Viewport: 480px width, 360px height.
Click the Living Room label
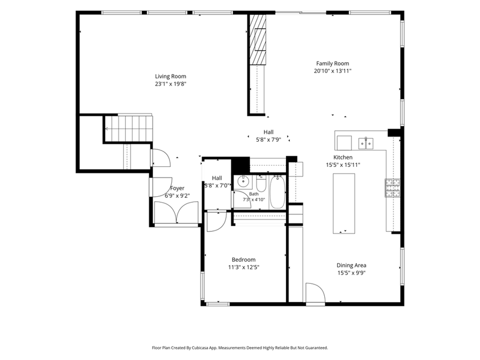[171, 76]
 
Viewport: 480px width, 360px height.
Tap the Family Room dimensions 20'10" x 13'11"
[332, 71]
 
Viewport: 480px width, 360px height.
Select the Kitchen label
[343, 157]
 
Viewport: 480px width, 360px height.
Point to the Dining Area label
[351, 266]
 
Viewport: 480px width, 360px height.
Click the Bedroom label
[244, 260]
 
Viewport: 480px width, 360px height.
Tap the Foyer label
[177, 188]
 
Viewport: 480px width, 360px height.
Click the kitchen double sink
[366, 143]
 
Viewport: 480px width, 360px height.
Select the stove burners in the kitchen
[393, 188]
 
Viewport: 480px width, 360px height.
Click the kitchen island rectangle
[344, 204]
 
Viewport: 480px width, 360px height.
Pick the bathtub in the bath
[278, 192]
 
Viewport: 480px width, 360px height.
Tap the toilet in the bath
[261, 183]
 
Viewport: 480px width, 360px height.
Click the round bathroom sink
[243, 182]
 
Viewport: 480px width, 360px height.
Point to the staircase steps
[129, 128]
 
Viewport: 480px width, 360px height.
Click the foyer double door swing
[177, 213]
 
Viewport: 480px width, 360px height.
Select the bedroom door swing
[217, 221]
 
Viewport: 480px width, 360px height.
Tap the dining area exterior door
[315, 293]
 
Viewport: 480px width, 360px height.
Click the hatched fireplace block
[258, 39]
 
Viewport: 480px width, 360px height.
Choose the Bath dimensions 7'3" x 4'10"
[254, 200]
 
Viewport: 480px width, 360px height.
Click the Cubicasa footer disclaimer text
[240, 348]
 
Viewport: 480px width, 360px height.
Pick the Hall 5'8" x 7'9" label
[268, 136]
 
